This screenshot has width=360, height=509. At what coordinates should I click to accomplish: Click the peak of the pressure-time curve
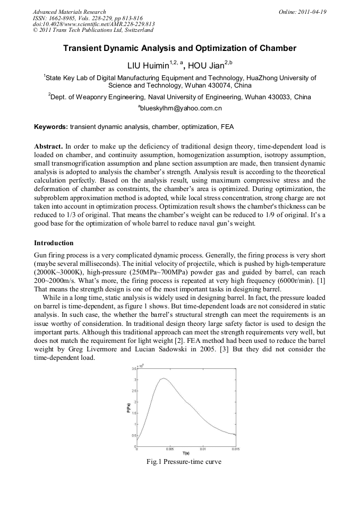point(164,378)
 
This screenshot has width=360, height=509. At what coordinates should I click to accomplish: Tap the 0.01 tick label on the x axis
point(203,449)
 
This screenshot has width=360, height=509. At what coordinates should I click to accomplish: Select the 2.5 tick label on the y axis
point(134,391)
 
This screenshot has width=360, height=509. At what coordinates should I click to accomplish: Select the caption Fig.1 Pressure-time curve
point(184,462)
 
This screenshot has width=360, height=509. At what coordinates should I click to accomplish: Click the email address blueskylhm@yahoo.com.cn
point(181,109)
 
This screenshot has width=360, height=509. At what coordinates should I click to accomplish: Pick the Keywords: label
point(51,127)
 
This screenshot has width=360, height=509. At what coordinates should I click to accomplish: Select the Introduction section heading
point(54,243)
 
